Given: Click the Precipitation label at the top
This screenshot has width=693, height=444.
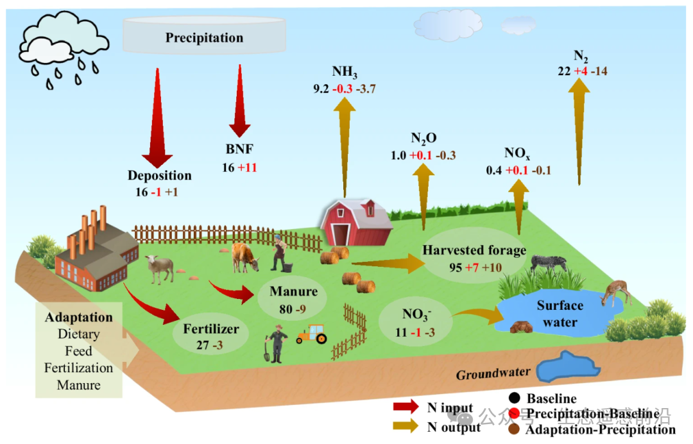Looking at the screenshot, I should pyautogui.click(x=204, y=38).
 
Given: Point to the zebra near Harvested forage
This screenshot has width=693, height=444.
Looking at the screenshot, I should pyautogui.click(x=549, y=262).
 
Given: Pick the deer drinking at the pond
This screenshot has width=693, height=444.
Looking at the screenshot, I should pyautogui.click(x=617, y=292).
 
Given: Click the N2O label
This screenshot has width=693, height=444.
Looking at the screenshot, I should pyautogui.click(x=424, y=139).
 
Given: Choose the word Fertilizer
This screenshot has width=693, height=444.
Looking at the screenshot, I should pyautogui.click(x=211, y=329).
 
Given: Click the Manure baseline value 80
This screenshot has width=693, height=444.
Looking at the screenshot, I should pyautogui.click(x=285, y=308).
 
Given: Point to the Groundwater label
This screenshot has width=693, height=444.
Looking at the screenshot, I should pyautogui.click(x=493, y=373).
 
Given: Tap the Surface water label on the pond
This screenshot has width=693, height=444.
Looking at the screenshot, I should pyautogui.click(x=560, y=314).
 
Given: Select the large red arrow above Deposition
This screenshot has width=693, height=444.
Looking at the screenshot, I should pyautogui.click(x=157, y=115).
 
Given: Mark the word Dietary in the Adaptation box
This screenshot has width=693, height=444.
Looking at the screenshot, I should pyautogui.click(x=78, y=334).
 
